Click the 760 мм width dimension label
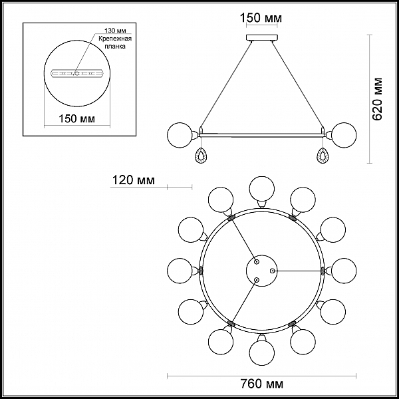tap(262, 384)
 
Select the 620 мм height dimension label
tap(377, 98)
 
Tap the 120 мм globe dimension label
tap(134, 180)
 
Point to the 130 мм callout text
tap(115, 31)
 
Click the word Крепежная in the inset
tap(115, 39)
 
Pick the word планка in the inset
tap(116, 47)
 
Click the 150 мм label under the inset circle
tap(77, 118)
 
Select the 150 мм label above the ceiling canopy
tap(261, 18)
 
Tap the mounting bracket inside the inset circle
tap(77, 74)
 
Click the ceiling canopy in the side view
tap(262, 38)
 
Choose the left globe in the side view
tap(180, 135)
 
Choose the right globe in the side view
tap(344, 135)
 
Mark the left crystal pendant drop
tap(201, 156)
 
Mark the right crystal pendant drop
tap(323, 156)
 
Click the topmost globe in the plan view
tap(262, 189)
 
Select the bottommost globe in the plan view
tap(262, 352)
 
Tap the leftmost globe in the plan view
tap(180, 271)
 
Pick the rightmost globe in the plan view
tap(344, 271)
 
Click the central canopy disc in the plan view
tap(262, 271)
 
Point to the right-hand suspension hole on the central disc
tap(272, 271)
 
